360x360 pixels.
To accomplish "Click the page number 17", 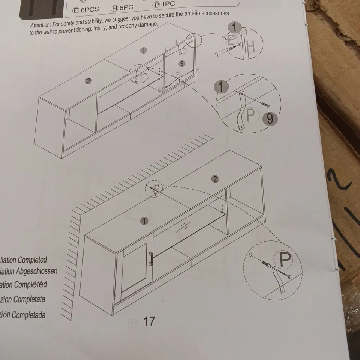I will tap(149, 321).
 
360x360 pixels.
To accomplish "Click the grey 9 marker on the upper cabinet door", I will tap(181, 63).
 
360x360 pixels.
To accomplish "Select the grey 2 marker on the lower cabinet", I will tap(215, 179).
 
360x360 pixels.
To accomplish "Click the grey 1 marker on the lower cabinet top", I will tap(144, 221).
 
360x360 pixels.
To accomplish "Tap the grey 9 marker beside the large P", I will tap(270, 119).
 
